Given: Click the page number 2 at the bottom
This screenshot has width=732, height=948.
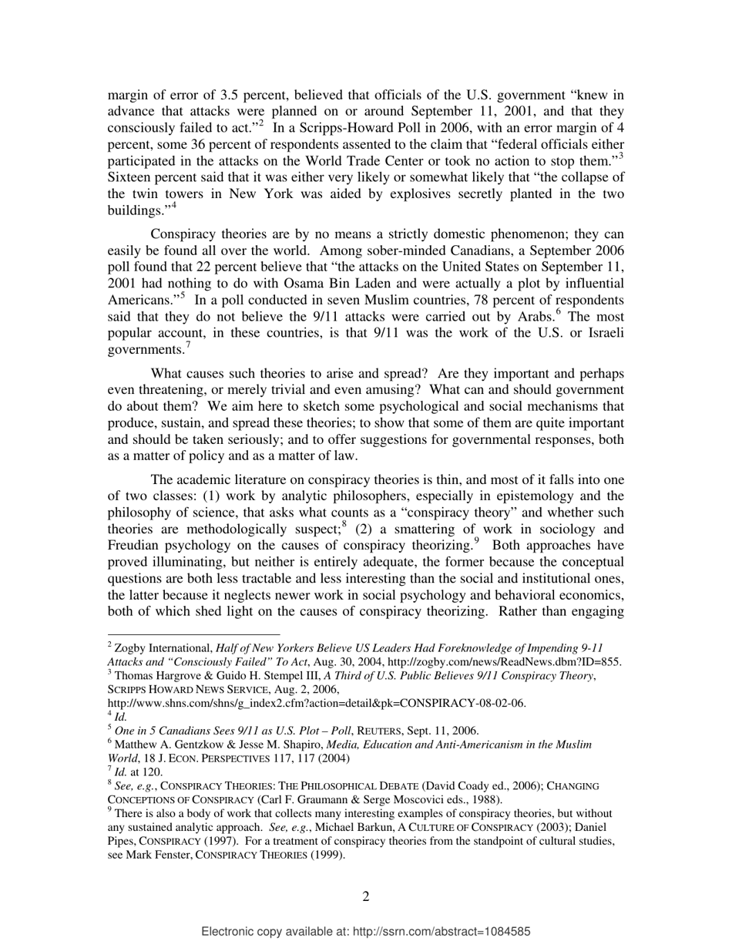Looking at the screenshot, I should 365,896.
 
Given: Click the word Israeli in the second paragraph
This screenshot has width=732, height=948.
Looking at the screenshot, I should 601,333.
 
